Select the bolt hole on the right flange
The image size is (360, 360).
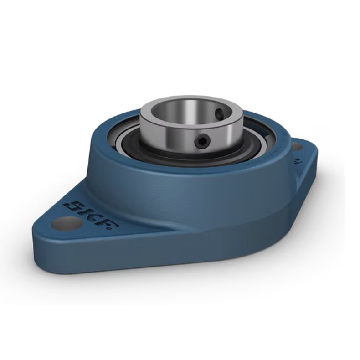tap(297, 147)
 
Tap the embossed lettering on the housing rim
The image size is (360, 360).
tap(269, 146)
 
